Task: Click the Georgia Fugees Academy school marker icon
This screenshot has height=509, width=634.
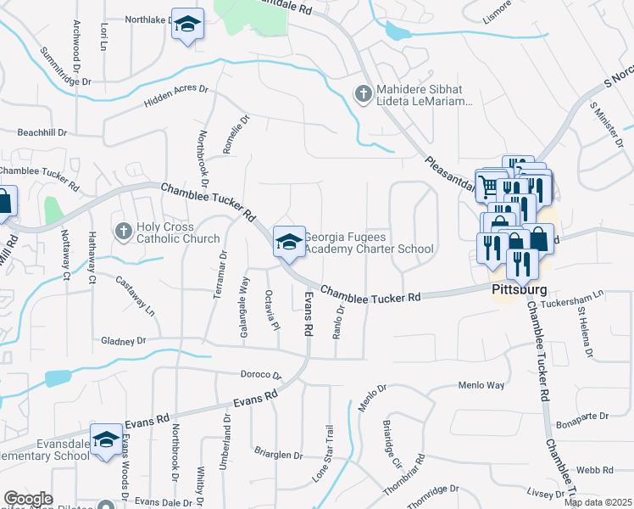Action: pos(289,243)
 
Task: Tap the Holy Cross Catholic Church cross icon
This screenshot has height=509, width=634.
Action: pos(123,230)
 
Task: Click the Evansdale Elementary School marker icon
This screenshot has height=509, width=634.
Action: pos(106,440)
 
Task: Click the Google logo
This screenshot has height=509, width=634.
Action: pos(28,499)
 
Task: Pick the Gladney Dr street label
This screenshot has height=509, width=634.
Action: pos(123,341)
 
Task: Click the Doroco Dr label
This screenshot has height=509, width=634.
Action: pos(259,374)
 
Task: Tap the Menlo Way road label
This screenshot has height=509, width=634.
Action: pos(481,385)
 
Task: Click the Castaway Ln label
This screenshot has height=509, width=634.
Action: pos(136,297)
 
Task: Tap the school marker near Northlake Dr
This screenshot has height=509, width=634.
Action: pos(187,24)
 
